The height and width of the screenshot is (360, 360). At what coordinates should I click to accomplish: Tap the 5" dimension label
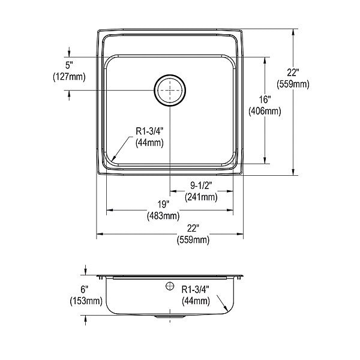[x=69, y=65]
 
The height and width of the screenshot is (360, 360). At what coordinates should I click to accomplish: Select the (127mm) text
[x=69, y=77]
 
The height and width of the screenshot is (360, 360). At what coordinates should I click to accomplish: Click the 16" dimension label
[x=265, y=100]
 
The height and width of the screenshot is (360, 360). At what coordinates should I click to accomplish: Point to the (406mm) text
[x=265, y=112]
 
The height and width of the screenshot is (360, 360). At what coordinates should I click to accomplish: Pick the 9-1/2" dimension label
[x=201, y=185]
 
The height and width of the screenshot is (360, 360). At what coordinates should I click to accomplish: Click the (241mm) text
[x=201, y=197]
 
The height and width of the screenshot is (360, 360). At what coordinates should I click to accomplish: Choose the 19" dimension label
[x=163, y=204]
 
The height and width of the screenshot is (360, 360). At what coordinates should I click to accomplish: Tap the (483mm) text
[x=163, y=215]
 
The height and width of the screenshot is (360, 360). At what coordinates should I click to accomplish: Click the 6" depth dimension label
[x=84, y=290]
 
